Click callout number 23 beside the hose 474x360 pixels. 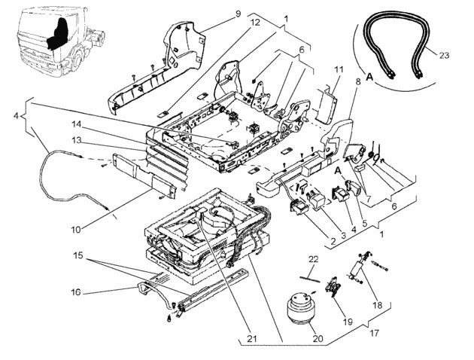444,56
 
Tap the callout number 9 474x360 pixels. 238,14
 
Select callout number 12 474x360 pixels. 256,23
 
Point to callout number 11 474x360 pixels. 339,69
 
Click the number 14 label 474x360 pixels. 77,124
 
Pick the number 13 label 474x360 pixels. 77,140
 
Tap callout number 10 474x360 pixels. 76,230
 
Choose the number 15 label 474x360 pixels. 78,255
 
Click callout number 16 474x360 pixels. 76,292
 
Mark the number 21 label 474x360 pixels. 252,338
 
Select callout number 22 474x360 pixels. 314,259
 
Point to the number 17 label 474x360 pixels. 374,334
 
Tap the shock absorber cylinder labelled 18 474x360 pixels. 357,267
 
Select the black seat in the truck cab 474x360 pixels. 58,33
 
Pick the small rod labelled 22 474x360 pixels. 310,279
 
